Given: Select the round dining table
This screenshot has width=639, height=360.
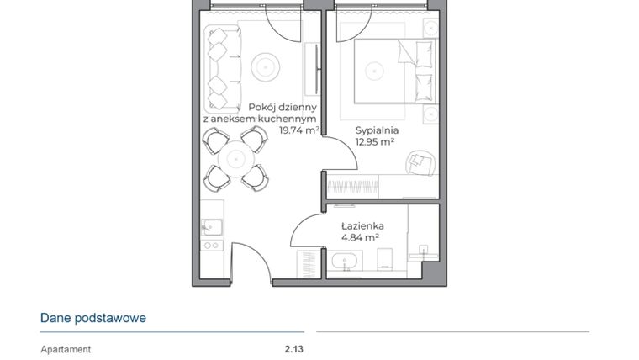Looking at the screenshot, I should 236,159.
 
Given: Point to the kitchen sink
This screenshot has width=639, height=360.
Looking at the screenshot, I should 210,226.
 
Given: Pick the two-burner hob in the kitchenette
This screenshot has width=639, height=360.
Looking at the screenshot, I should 211,246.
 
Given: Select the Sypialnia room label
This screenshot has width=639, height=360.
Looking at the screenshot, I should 376,131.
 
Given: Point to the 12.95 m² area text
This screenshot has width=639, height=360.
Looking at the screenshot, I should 376,142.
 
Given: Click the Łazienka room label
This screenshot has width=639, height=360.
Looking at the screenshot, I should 363,225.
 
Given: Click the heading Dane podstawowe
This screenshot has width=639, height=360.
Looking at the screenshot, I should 93,318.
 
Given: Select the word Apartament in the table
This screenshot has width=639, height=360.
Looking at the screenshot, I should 66,349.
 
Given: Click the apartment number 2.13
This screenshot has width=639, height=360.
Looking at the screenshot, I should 293,349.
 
